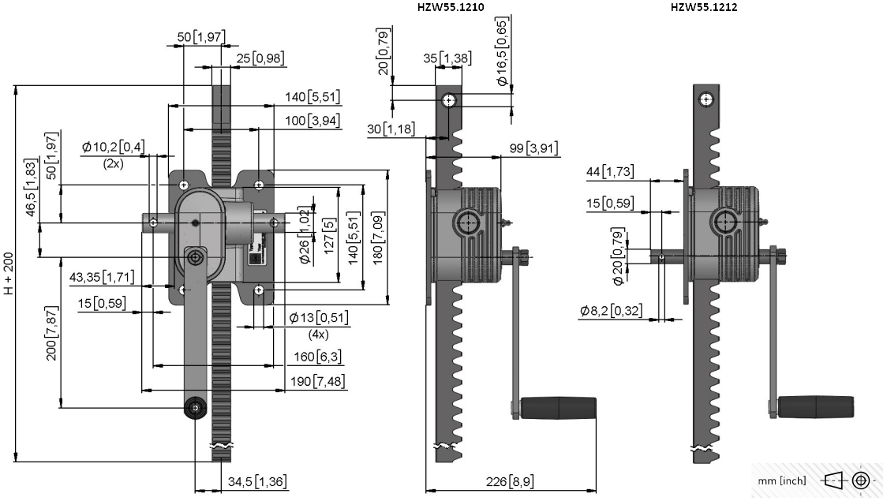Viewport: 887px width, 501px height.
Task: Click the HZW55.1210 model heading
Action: pos(451,7)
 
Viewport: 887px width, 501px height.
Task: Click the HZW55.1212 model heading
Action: pos(704,7)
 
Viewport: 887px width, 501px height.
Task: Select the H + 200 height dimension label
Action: pos(9,273)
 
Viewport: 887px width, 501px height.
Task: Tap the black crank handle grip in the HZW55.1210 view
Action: pos(559,408)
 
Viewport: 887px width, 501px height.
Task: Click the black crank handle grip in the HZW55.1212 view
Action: pos(816,406)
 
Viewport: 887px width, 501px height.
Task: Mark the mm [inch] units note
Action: pos(782,480)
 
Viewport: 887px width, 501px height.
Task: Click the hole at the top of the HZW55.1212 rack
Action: pos(706,100)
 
